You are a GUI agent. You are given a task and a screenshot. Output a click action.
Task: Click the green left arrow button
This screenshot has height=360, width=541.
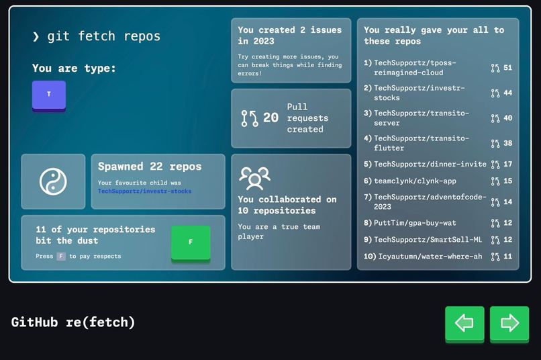(464, 323)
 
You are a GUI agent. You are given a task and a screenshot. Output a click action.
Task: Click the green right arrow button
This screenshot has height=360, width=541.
(509, 323)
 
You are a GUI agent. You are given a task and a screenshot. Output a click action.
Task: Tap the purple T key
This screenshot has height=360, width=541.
(49, 95)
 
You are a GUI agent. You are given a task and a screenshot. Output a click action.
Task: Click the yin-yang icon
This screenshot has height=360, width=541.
(53, 182)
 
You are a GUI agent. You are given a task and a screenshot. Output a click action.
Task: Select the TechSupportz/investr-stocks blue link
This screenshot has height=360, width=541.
(144, 191)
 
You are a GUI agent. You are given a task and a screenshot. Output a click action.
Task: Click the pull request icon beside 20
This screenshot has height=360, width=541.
(250, 118)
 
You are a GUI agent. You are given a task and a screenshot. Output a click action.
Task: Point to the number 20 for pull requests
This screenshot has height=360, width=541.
(270, 118)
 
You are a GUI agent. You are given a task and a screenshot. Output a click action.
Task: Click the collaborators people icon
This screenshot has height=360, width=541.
(254, 178)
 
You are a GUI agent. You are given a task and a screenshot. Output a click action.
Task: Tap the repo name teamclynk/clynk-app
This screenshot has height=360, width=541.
(415, 181)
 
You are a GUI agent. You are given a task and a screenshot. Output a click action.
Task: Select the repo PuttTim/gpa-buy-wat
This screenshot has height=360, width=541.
(415, 223)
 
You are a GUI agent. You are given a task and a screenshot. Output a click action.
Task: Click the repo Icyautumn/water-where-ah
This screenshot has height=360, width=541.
(430, 257)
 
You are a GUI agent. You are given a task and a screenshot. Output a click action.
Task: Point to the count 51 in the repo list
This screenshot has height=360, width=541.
(507, 68)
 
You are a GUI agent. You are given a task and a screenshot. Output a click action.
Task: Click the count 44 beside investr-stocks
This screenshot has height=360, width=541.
(507, 93)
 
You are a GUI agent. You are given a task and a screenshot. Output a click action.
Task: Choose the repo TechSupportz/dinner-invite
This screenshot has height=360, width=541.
(430, 165)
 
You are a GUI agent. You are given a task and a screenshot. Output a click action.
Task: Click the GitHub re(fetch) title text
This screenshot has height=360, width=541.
(73, 322)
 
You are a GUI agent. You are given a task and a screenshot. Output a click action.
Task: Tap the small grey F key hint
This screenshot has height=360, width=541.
(61, 257)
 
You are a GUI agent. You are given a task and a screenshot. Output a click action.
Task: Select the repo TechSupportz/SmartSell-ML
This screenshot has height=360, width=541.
(428, 240)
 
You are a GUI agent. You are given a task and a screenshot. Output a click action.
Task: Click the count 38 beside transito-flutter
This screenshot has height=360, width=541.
(507, 143)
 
